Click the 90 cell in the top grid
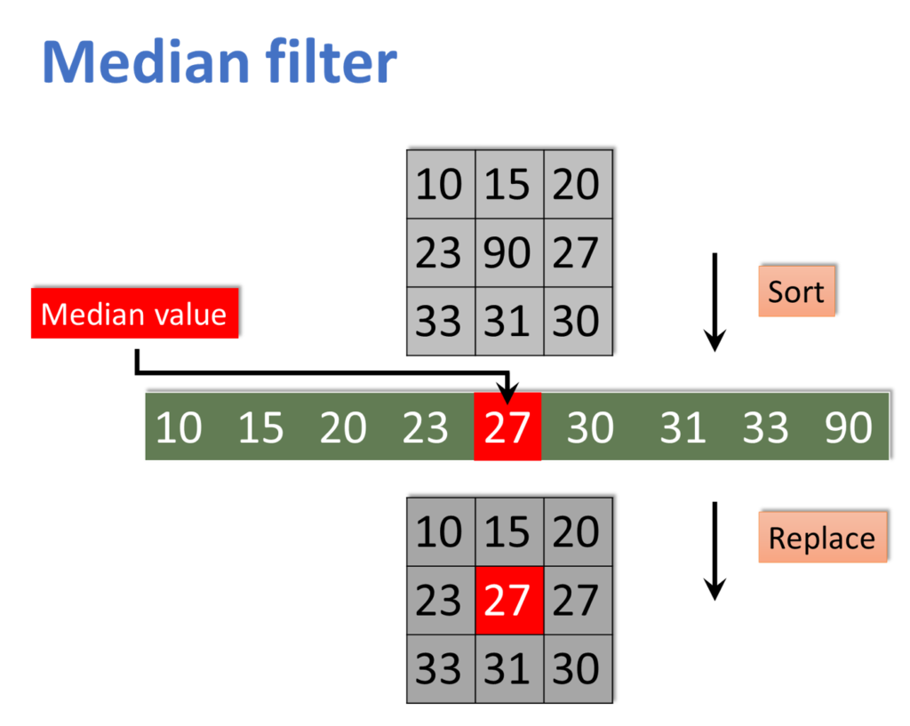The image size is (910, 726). [508, 252]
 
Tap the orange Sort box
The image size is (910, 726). [796, 291]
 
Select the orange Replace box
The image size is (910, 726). [822, 538]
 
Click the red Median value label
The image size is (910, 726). [134, 314]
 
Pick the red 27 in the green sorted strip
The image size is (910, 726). [507, 428]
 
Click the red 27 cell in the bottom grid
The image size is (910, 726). [508, 601]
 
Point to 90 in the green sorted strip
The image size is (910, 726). [848, 428]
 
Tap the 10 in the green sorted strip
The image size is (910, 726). [179, 428]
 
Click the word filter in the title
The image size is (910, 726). [331, 63]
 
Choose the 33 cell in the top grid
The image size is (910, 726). [439, 321]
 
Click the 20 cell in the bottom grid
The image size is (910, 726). [577, 532]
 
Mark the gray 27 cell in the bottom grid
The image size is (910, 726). [577, 601]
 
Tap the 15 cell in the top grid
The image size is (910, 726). [508, 185]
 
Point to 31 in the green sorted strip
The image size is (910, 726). [682, 428]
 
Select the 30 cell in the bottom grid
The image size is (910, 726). [577, 668]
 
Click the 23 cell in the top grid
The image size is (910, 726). [439, 252]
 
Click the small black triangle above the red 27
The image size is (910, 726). [507, 396]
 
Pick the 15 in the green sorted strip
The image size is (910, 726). [261, 428]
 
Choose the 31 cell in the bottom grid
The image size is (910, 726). [508, 668]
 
